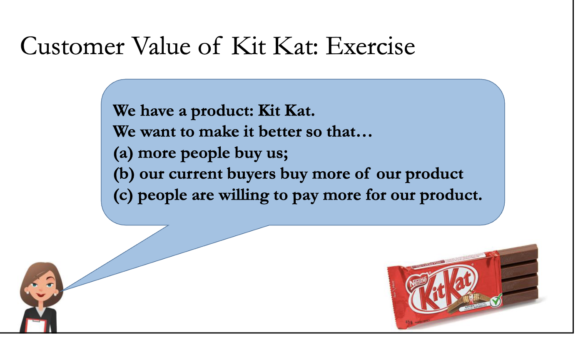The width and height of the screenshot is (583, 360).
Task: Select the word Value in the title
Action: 160,46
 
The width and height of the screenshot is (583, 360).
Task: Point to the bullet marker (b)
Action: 124,174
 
